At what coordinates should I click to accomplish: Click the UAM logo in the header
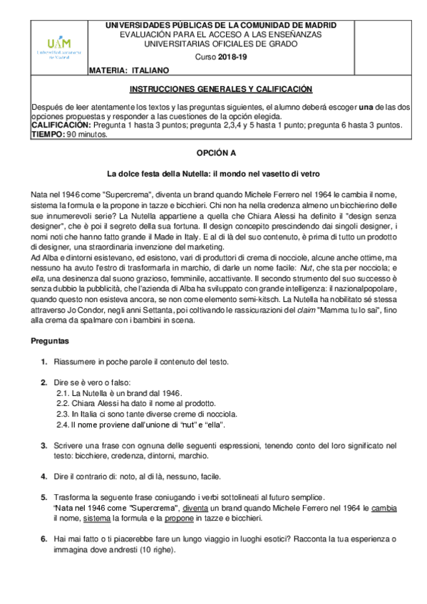[59, 48]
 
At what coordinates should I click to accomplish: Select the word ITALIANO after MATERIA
[149, 71]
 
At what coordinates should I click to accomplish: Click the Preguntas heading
[51, 342]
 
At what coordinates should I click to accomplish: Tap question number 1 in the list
[45, 362]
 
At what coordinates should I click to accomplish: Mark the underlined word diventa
[195, 508]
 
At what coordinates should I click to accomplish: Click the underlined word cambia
[384, 508]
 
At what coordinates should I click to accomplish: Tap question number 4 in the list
[45, 476]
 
